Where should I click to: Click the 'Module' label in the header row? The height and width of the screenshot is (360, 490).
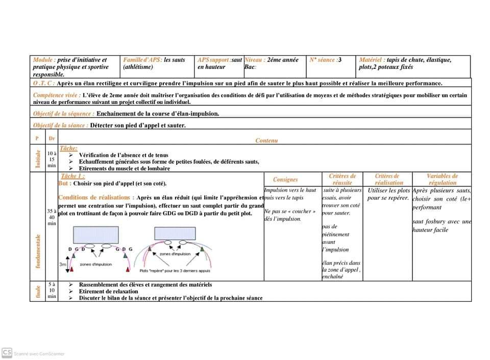tap(43, 60)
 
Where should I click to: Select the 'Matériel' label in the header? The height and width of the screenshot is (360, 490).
tap(372, 60)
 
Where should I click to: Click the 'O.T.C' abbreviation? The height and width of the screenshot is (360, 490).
tap(43, 83)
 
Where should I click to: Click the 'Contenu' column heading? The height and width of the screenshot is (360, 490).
tap(266, 140)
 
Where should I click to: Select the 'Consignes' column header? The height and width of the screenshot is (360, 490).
tap(285, 179)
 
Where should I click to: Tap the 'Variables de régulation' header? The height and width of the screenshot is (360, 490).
tap(442, 179)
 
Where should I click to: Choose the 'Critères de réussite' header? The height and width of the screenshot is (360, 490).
tap(342, 179)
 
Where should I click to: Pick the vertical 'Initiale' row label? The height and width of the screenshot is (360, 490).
tap(37, 159)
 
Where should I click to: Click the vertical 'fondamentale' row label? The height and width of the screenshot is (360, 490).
tap(38, 251)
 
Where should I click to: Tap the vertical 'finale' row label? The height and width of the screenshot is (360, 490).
tap(38, 291)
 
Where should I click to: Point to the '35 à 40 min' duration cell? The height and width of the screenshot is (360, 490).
tap(52, 217)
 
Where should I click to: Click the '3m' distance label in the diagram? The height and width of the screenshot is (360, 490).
tap(63, 264)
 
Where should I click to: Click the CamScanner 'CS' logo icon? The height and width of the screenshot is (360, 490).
tap(7, 352)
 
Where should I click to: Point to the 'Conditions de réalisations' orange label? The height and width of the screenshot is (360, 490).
tap(96, 197)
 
